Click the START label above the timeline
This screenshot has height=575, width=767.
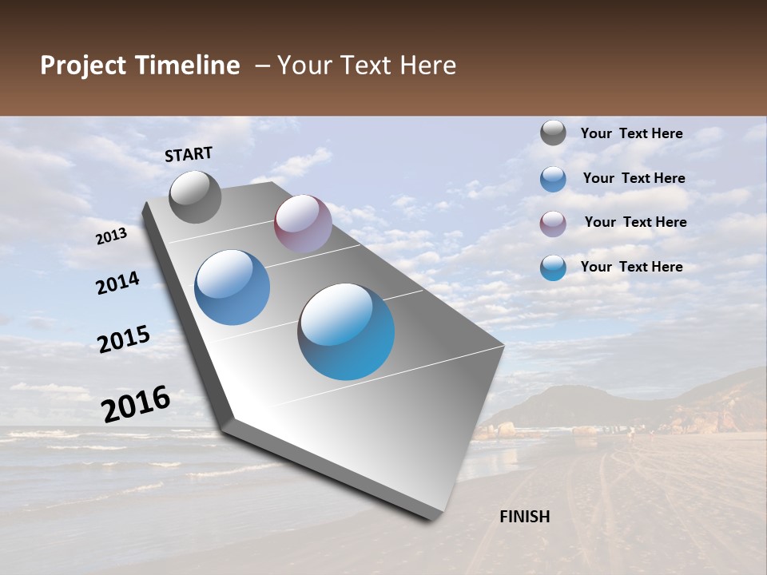click(189, 154)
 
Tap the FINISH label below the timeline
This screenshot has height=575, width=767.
click(525, 517)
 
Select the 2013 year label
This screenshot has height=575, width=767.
click(112, 236)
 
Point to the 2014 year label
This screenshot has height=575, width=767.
click(118, 284)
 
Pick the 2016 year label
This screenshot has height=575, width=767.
click(136, 404)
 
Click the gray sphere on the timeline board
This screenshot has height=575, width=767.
click(196, 196)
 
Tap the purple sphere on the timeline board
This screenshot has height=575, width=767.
click(303, 224)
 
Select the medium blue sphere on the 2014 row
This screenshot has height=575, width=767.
click(232, 287)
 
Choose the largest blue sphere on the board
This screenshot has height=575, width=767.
click(346, 331)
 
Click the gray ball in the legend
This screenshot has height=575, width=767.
click(553, 133)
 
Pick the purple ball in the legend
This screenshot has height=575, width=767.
click(553, 223)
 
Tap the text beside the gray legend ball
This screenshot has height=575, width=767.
click(631, 134)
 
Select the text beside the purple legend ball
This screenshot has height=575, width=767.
click(635, 222)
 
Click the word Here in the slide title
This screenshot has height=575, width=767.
click(427, 65)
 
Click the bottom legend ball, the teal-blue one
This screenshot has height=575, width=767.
click(553, 268)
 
